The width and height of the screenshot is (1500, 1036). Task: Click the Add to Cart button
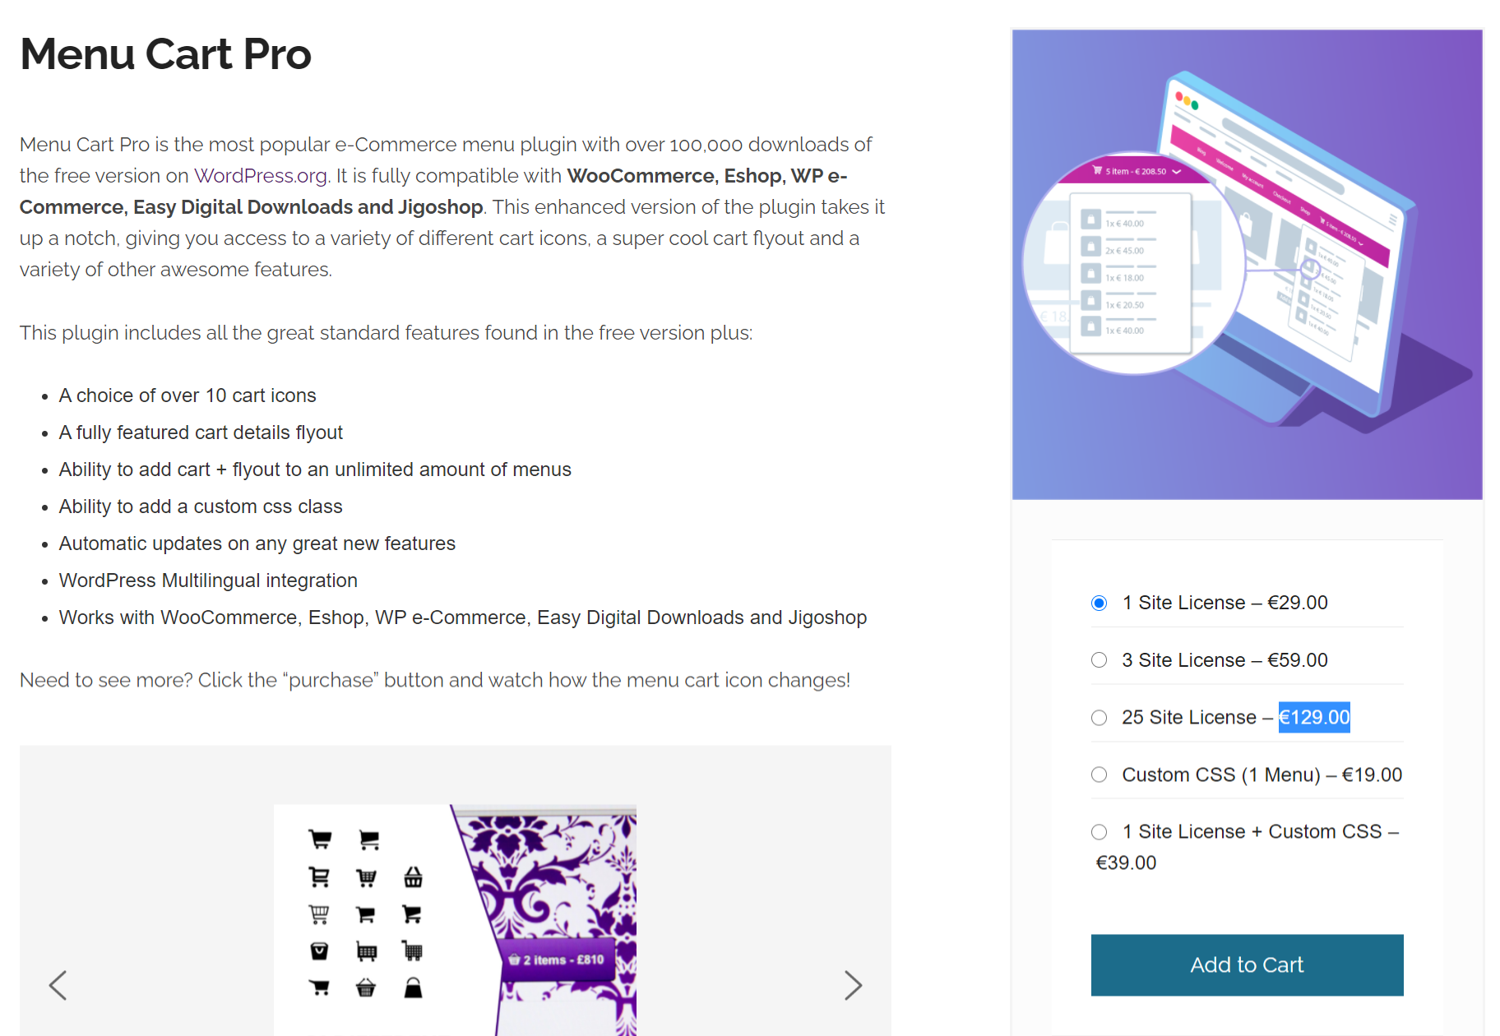point(1246,964)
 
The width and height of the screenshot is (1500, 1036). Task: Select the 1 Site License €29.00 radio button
point(1099,604)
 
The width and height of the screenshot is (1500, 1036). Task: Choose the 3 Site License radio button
point(1099,660)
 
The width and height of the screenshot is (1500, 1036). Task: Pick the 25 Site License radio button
point(1099,718)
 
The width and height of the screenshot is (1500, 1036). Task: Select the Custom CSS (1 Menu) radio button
point(1099,775)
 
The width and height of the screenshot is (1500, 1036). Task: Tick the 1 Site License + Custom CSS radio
point(1099,832)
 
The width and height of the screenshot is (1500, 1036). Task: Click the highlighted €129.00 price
point(1313,718)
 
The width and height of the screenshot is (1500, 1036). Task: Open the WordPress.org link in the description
point(261,176)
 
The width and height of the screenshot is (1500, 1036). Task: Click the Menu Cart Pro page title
point(165,54)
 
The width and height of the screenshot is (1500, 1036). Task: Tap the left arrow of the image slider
point(58,985)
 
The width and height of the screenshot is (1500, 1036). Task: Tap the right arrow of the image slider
point(853,985)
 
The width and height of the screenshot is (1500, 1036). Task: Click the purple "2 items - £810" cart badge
point(557,960)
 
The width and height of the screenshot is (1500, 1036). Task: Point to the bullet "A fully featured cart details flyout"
point(201,432)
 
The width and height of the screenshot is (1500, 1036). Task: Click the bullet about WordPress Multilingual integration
point(208,580)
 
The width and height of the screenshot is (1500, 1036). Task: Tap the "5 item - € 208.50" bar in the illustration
point(1136,171)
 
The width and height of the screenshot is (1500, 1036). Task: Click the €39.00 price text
point(1126,863)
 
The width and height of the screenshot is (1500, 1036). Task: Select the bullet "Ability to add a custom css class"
point(201,506)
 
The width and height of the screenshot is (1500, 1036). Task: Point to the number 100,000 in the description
point(706,146)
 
